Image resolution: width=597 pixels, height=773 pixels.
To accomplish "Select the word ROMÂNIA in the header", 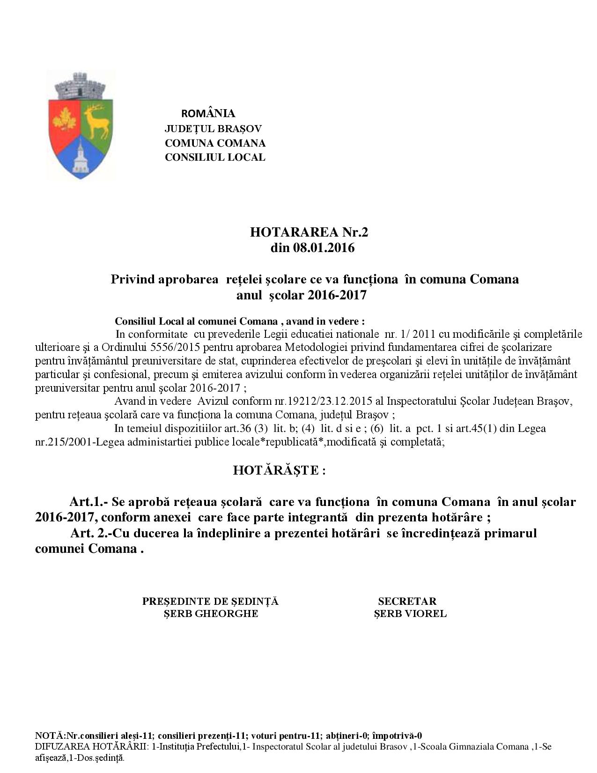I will click(x=208, y=113).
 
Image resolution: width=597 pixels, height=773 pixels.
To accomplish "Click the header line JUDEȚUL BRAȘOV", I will click(x=213, y=128).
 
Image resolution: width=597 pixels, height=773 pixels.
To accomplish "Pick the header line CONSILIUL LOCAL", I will click(x=215, y=157).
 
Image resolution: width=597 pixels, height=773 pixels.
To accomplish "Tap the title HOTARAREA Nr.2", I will click(x=312, y=232).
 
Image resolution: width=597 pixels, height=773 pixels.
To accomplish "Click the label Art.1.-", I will click(x=89, y=502).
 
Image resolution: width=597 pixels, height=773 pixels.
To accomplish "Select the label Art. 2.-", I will click(x=91, y=533).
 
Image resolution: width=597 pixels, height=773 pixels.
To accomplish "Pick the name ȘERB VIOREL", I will click(x=410, y=614).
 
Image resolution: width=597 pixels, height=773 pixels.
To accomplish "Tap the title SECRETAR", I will click(x=407, y=601).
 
